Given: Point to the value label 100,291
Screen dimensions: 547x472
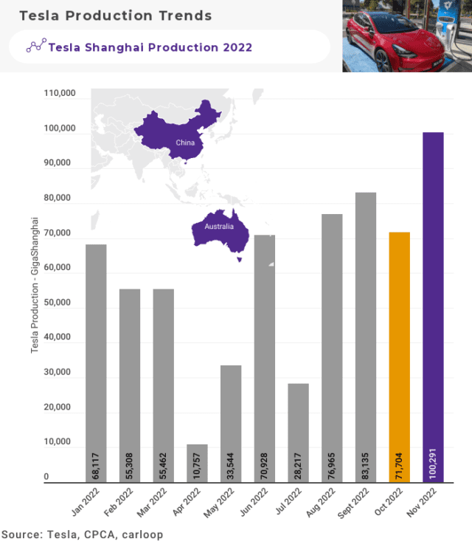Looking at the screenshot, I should (433, 461).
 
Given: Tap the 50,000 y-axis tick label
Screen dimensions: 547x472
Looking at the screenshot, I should (58, 303).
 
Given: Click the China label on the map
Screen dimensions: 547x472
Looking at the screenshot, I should (185, 142).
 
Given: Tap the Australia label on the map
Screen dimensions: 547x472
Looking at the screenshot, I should (218, 226).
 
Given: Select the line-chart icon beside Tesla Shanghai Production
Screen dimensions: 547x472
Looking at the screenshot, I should (35, 47).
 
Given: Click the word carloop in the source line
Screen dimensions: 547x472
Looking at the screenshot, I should (143, 534).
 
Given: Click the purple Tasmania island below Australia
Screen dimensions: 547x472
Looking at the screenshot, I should (239, 259).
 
